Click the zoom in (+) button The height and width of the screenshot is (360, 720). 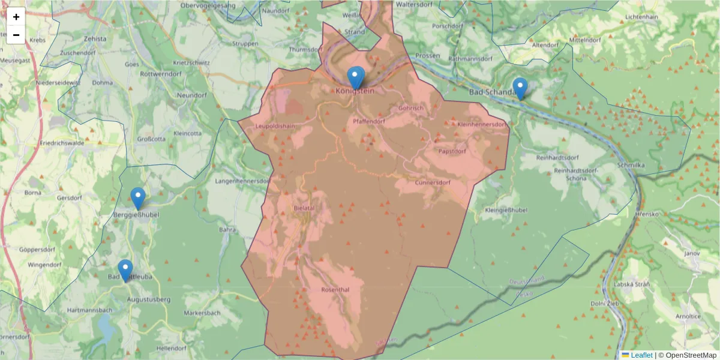[x=16, y=17]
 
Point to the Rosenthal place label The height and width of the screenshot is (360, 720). [x=335, y=289]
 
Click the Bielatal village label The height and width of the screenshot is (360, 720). [x=304, y=207]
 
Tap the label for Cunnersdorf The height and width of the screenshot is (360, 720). [x=432, y=182]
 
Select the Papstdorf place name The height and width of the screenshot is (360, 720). [x=452, y=151]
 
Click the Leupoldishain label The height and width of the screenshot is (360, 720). [x=275, y=126]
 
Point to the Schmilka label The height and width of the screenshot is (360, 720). [x=631, y=165]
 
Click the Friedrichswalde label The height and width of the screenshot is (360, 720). [x=60, y=144]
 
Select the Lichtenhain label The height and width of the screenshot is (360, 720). [x=641, y=17]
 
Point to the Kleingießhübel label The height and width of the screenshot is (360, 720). [x=506, y=211]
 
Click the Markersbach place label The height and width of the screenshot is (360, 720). [x=202, y=313]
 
